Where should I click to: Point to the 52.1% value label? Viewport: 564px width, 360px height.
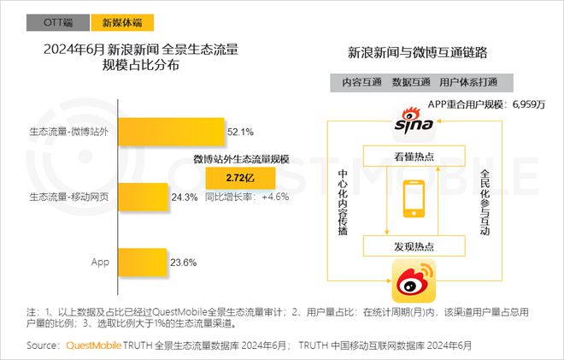pyautogui.click(x=241, y=132)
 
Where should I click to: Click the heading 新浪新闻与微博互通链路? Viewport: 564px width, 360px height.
pyautogui.click(x=417, y=52)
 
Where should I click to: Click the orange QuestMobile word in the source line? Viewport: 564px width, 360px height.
pyautogui.click(x=93, y=345)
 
